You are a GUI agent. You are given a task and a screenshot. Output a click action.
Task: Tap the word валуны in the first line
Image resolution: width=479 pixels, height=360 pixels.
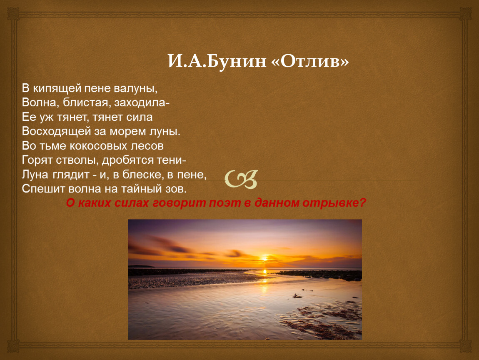pos(136,89)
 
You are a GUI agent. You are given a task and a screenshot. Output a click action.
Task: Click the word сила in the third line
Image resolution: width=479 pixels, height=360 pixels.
pos(139,117)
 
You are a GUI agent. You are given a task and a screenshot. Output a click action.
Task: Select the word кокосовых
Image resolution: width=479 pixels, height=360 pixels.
pos(98,146)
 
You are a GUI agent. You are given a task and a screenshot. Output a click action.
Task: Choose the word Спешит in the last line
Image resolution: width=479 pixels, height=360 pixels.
pos(43,189)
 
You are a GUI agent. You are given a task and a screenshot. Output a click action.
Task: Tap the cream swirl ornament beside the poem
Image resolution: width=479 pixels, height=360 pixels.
pos(241,179)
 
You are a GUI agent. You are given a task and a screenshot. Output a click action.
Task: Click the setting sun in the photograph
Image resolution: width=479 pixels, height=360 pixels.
pos(264,260)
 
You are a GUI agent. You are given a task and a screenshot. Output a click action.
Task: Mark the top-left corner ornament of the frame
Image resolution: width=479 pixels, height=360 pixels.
pos(13,13)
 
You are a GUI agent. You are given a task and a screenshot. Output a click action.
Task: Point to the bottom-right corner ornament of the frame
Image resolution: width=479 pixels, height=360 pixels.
pos(466,346)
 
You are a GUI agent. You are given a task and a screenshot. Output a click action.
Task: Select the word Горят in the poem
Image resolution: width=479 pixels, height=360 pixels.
pos(37,160)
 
